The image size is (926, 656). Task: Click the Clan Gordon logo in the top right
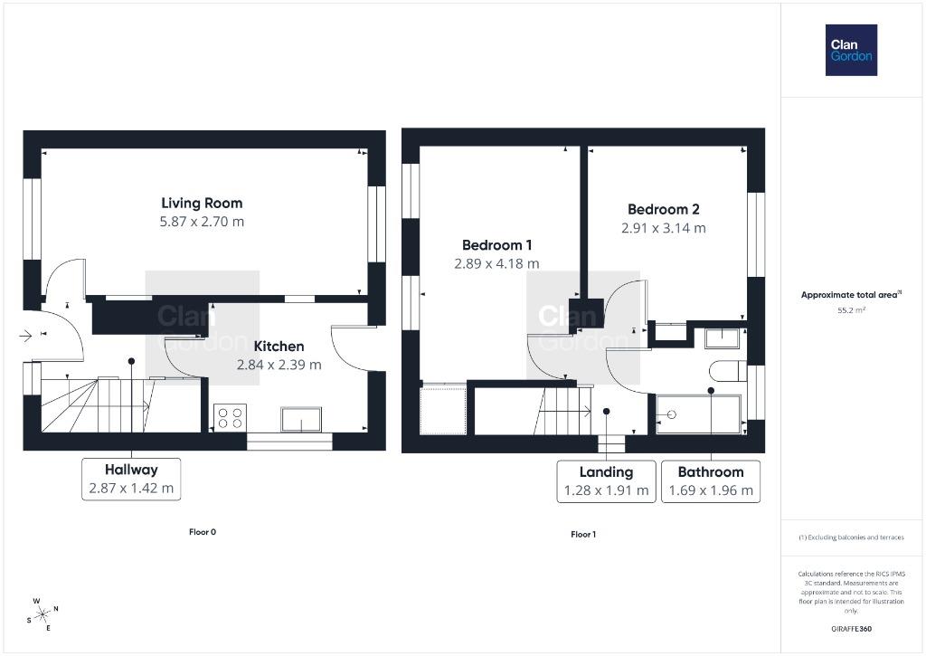click(x=851, y=51)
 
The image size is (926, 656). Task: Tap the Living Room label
click(x=202, y=204)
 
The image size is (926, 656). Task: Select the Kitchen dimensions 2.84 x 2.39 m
click(x=279, y=366)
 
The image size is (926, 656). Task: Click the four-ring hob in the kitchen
click(x=230, y=418)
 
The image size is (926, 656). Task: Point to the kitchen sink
click(x=301, y=419)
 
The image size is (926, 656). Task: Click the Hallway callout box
click(x=131, y=480)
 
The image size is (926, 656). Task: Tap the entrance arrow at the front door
click(x=25, y=337)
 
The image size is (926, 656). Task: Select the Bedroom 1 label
click(x=496, y=245)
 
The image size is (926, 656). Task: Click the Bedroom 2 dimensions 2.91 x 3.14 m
click(x=663, y=228)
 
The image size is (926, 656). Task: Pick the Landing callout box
click(x=606, y=481)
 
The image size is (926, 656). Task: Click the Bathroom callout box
click(x=711, y=481)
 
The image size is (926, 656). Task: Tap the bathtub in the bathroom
click(x=699, y=414)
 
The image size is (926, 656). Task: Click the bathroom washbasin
click(x=723, y=338)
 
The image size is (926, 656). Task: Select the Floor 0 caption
click(x=203, y=532)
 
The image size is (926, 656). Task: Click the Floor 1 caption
click(x=583, y=534)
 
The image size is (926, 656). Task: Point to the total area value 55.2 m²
click(x=851, y=309)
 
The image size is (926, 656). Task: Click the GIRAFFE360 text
click(x=851, y=629)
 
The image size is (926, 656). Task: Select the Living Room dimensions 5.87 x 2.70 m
click(x=202, y=222)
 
